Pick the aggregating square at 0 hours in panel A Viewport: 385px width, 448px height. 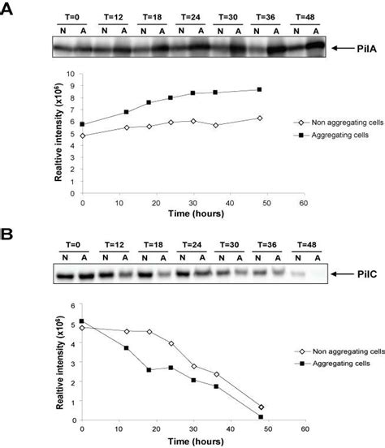pos(82,124)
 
